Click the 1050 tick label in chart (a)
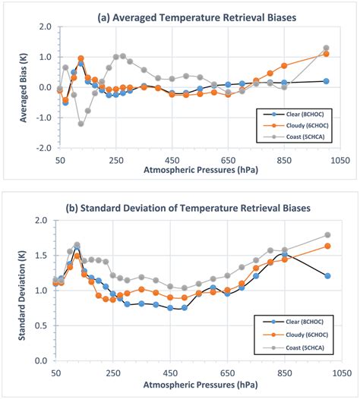coord(339,161)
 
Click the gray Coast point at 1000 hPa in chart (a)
coord(327,49)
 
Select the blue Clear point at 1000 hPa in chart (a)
coord(327,81)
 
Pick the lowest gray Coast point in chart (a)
coord(81,124)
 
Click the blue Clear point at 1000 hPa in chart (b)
coord(327,276)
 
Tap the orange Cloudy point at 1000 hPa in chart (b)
coord(327,246)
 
